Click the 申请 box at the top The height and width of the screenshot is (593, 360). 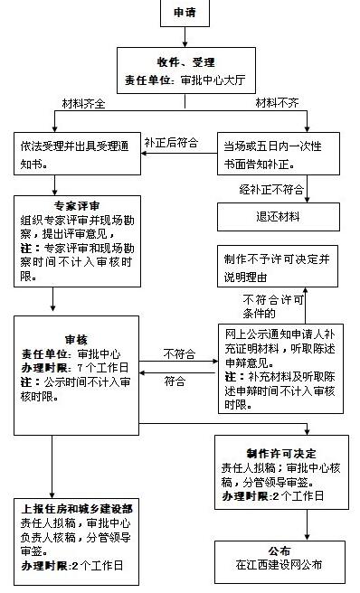185,14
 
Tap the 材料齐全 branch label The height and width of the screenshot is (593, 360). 83,102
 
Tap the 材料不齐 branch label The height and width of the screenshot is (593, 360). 278,102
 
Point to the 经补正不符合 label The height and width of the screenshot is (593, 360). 270,191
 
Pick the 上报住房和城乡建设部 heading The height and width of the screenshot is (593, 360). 77,508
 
